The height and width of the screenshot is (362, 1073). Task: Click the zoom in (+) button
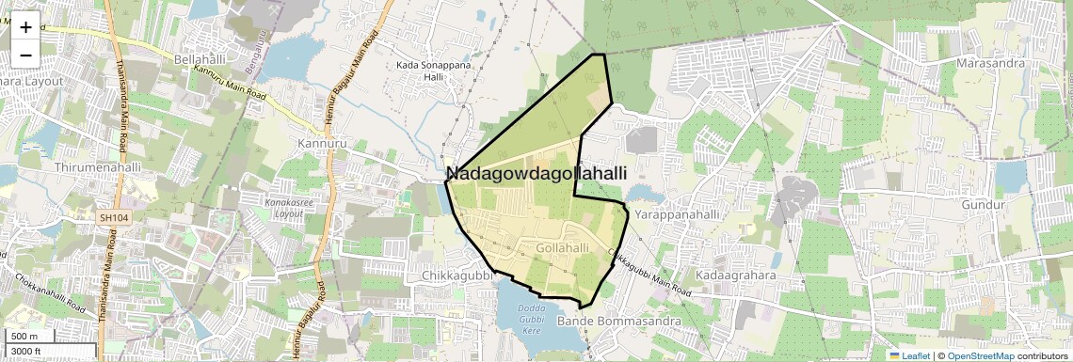[25, 27]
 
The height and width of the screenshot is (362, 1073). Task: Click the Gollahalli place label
[562, 247]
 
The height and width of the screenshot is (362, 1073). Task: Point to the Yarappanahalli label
[677, 214]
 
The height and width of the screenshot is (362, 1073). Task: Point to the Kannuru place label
[316, 143]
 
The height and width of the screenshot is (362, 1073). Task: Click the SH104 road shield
[114, 217]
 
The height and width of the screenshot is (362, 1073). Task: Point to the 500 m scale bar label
[24, 337]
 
